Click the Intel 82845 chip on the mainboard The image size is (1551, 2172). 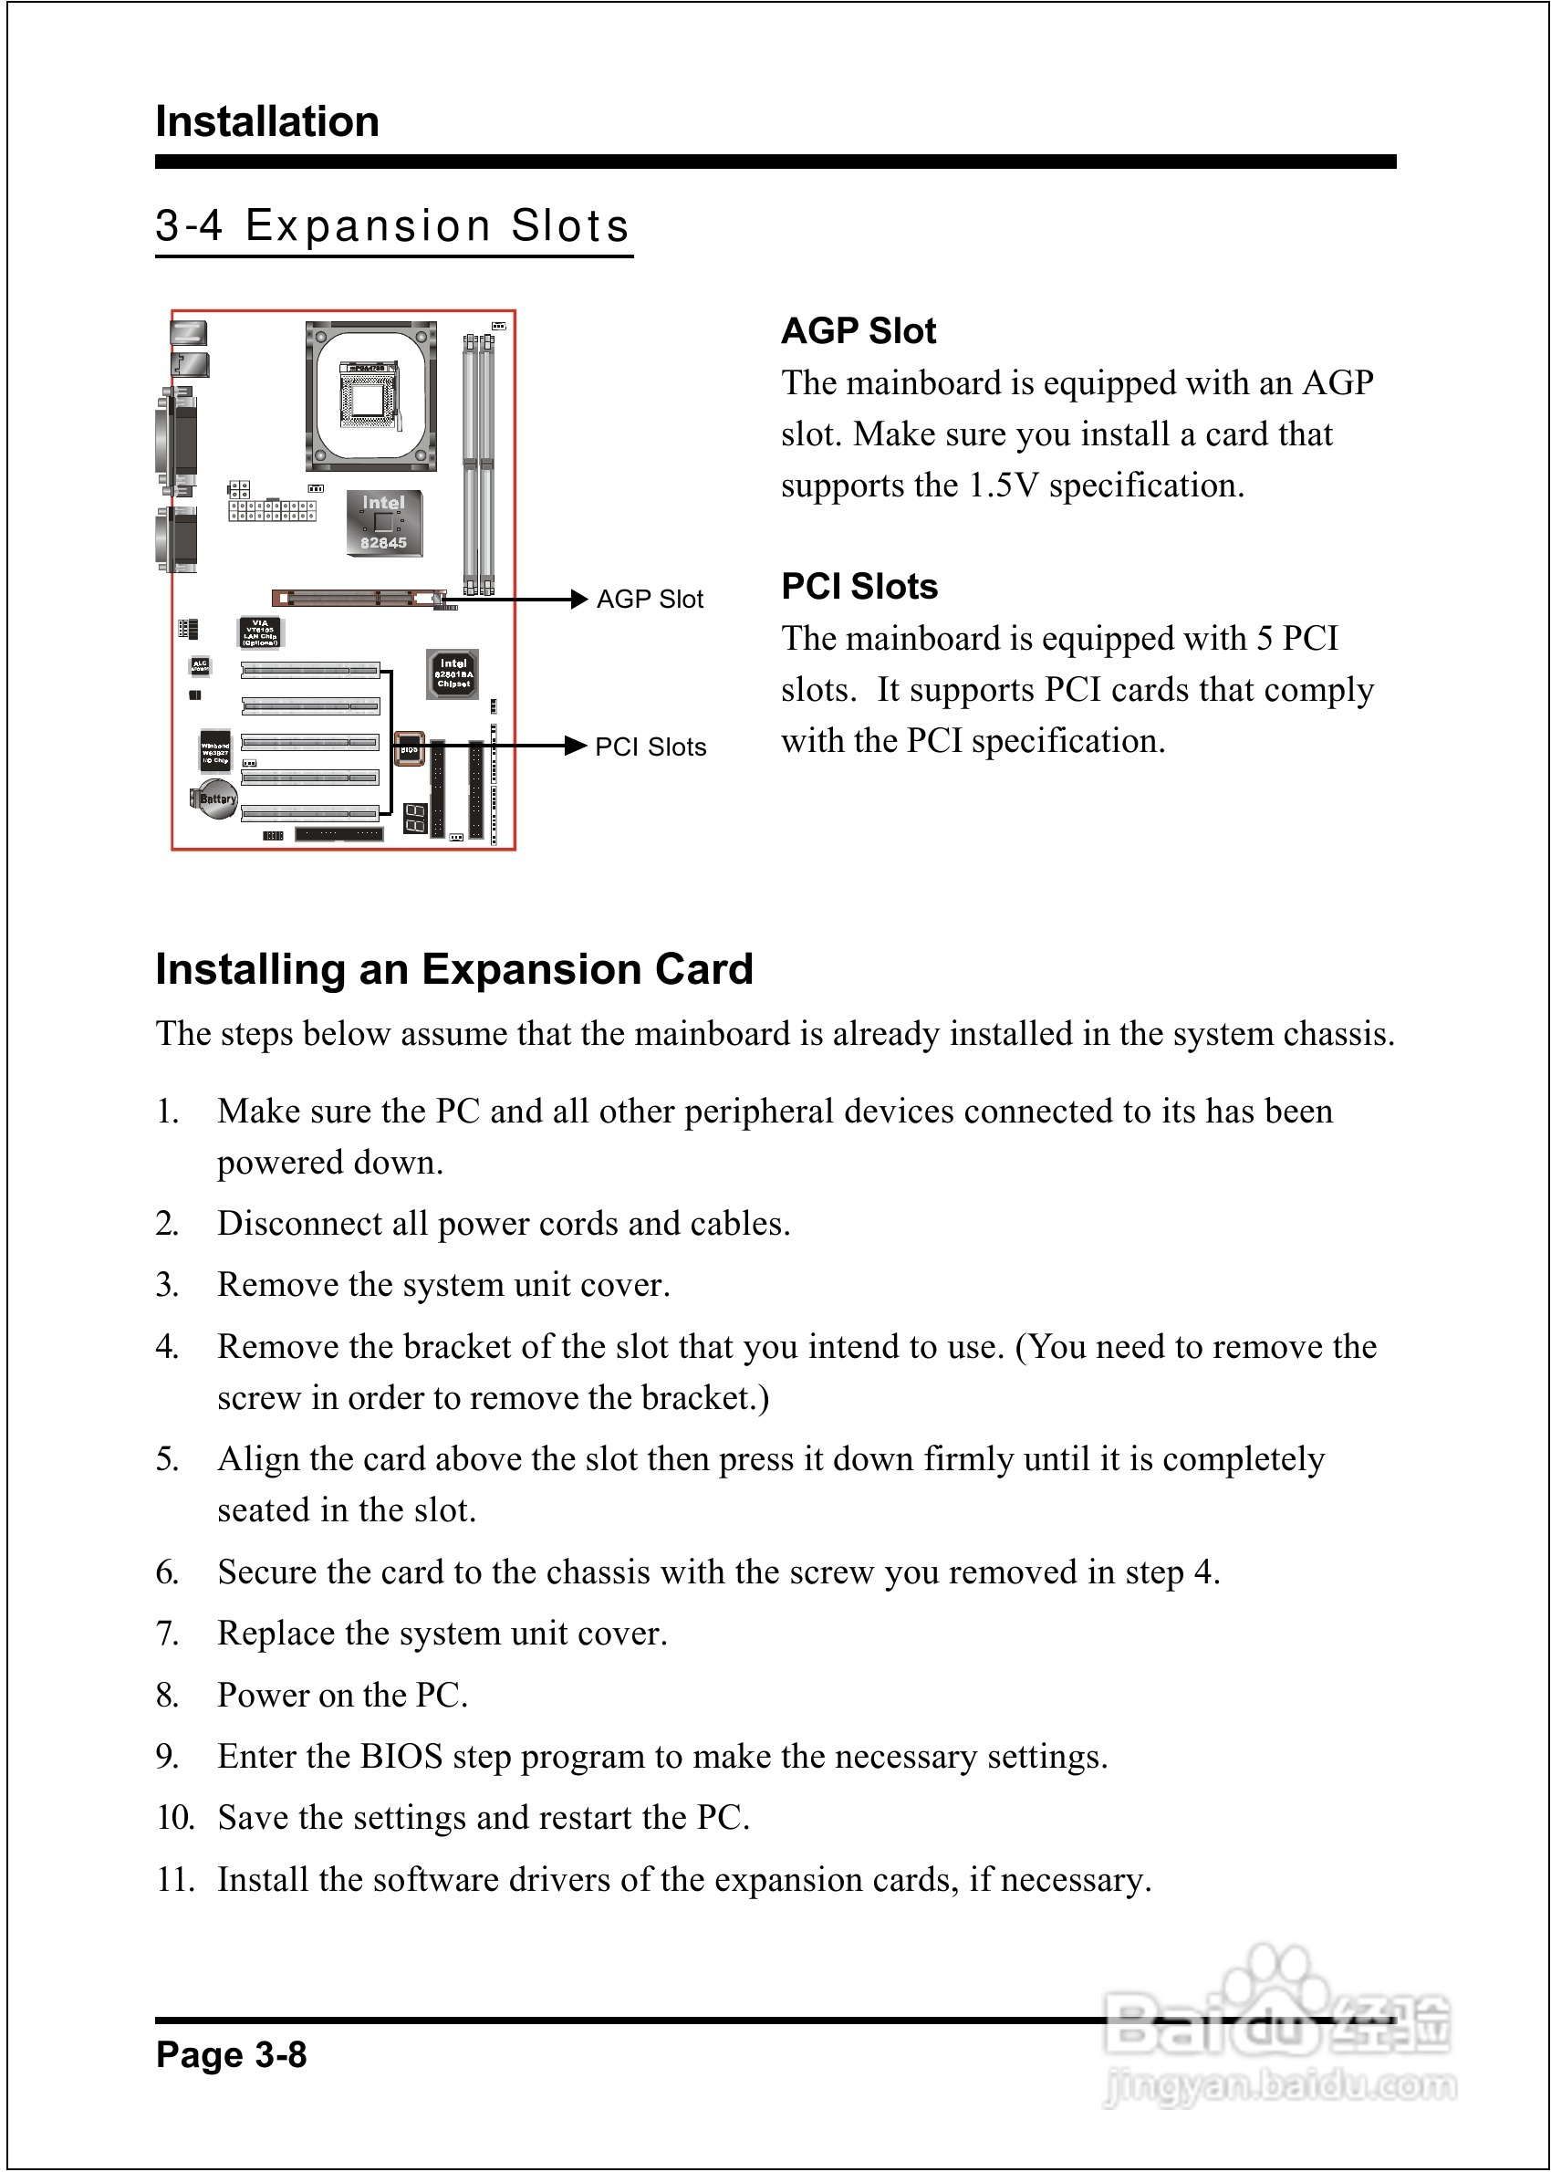383,522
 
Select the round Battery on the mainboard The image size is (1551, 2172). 216,799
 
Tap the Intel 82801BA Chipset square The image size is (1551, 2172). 453,674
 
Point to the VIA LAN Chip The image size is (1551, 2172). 260,632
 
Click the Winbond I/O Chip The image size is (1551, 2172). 213,751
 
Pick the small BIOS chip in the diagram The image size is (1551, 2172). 409,749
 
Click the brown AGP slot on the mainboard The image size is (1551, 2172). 359,599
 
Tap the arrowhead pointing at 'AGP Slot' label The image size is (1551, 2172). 578,599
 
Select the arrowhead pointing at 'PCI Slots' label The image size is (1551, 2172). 575,746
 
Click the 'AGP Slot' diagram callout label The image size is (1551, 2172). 650,599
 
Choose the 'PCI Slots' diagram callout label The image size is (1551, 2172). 651,747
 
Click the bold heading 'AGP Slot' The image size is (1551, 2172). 858,330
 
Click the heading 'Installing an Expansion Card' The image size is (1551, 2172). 454,968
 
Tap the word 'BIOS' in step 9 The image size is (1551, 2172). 401,1756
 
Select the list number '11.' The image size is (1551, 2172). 176,1879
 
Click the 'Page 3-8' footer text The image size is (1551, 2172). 231,2053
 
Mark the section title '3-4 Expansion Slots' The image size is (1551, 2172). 392,226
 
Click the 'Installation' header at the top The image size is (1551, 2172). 267,121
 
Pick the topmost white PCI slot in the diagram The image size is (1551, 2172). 310,671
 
